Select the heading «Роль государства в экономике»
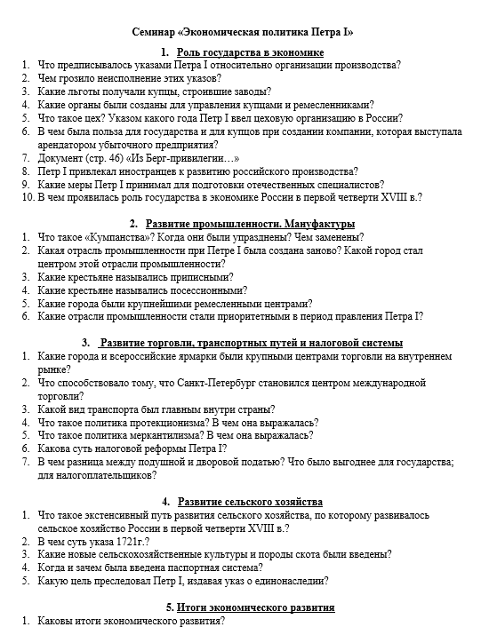(x=250, y=52)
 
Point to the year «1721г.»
(x=132, y=541)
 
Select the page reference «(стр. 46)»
(x=100, y=157)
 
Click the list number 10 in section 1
(x=26, y=197)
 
